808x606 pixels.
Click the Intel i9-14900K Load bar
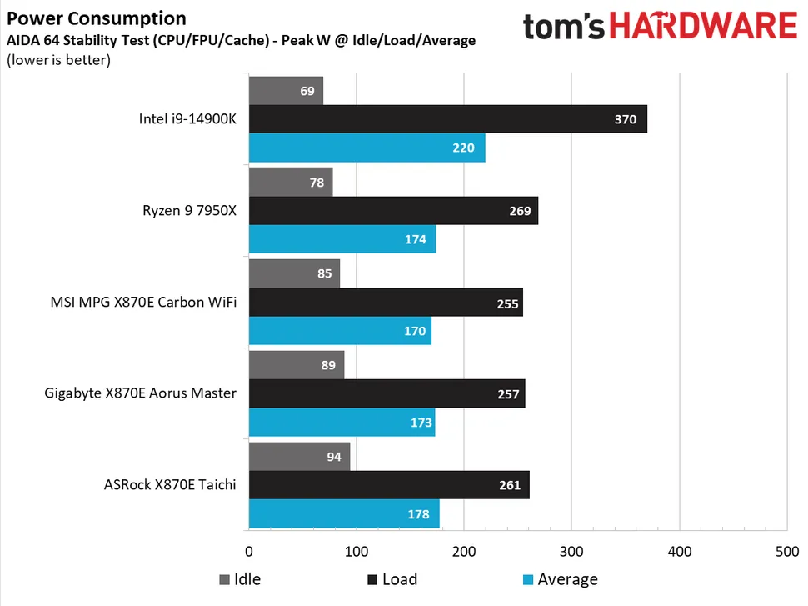447,119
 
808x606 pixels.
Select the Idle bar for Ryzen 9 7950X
290,182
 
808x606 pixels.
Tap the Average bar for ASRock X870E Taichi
343,514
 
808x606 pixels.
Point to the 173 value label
421,423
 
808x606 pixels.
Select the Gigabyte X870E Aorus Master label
140,393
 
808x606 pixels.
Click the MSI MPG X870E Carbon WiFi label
143,302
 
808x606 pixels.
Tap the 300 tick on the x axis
571,551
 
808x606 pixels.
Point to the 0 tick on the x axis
249,551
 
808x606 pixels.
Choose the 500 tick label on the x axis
786,551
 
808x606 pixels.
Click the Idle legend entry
239,579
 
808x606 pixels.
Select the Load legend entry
391,579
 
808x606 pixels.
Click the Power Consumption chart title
97,18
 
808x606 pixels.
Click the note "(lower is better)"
58,59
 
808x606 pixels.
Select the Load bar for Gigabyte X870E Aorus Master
387,393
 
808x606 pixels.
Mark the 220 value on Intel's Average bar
463,148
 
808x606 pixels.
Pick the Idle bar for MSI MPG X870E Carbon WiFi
293,273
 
